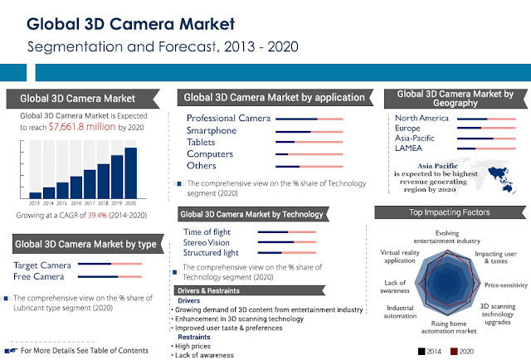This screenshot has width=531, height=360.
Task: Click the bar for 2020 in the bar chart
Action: pyautogui.click(x=131, y=173)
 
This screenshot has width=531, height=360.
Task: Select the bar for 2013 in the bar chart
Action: pyautogui.click(x=35, y=194)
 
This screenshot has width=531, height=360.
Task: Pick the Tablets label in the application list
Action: pyautogui.click(x=203, y=143)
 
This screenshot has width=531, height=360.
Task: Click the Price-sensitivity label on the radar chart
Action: pyautogui.click(x=504, y=284)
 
